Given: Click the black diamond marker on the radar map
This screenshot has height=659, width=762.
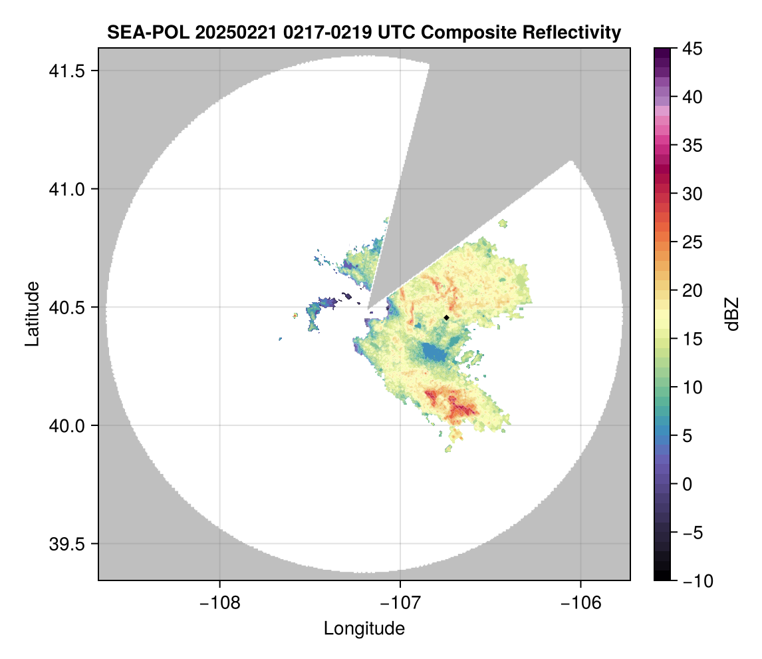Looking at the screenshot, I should (446, 318).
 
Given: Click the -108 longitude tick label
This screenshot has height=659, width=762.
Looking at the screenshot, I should (219, 603).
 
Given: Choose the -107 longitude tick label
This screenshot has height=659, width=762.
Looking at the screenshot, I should (400, 603).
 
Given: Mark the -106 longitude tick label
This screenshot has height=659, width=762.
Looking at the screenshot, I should (581, 603).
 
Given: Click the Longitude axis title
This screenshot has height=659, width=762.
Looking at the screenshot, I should (364, 628).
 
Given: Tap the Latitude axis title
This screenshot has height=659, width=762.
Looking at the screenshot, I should (32, 314).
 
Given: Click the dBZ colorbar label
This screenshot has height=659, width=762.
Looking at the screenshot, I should (732, 314).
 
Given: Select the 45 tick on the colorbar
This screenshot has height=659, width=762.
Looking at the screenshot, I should (692, 49).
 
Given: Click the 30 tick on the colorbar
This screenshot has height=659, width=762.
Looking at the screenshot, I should (692, 194).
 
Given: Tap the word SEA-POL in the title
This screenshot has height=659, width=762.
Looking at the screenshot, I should (140, 33).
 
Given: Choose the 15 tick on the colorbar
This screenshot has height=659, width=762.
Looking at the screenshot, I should (692, 339).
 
